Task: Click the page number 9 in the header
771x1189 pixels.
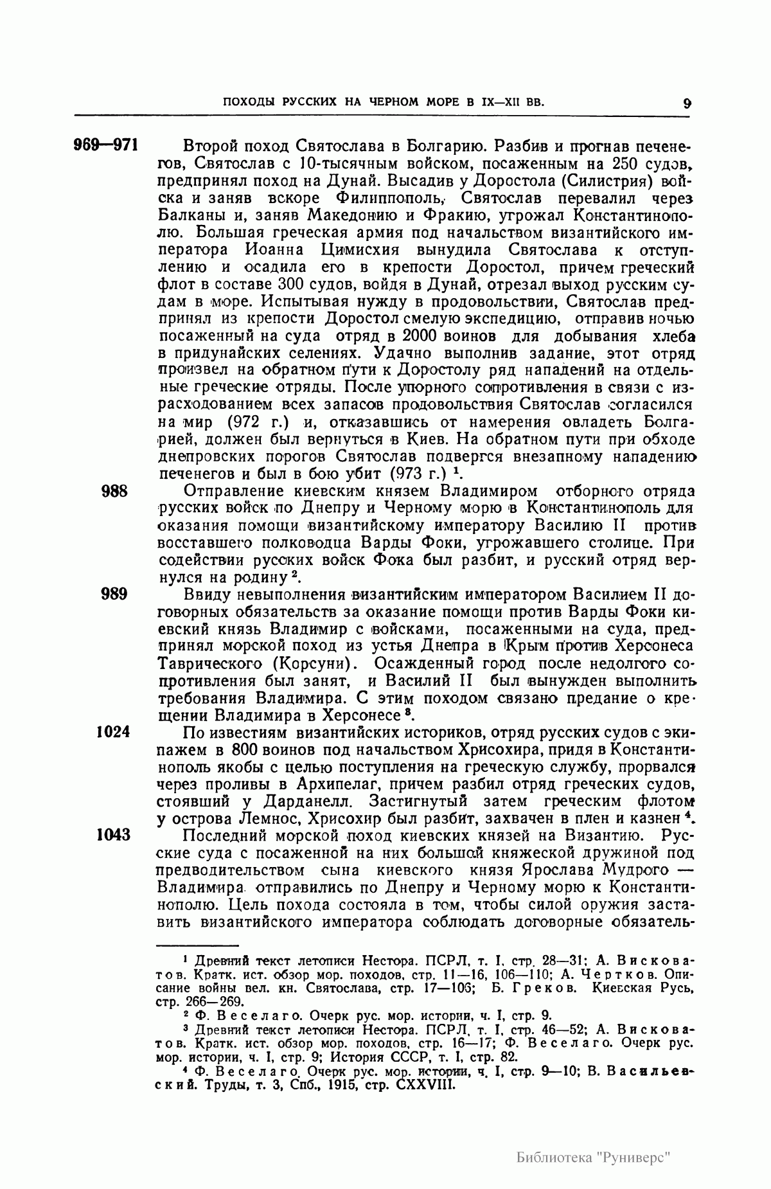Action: (687, 103)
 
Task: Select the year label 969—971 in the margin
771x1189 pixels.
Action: (107, 144)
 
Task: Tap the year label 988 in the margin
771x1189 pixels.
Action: (116, 492)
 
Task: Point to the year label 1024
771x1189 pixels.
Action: (113, 732)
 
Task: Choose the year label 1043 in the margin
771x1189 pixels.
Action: (113, 836)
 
